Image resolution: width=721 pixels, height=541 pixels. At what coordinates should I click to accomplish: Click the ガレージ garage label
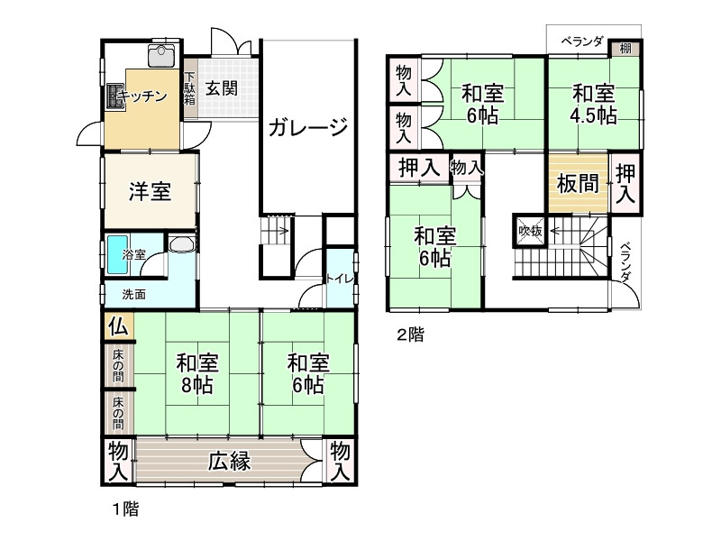307,127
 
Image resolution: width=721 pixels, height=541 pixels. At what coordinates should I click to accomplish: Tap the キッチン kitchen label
142,96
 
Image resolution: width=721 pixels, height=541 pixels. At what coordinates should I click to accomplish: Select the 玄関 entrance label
220,89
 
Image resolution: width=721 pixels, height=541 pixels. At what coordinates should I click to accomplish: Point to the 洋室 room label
149,191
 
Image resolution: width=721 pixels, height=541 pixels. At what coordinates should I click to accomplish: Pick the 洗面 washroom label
134,293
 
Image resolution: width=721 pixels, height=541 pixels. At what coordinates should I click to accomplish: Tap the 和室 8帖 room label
196,373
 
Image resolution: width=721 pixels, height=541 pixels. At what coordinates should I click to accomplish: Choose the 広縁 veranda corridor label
229,462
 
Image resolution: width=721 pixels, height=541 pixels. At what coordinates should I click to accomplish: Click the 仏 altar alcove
118,326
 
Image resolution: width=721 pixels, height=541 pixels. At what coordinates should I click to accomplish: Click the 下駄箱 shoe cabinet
189,88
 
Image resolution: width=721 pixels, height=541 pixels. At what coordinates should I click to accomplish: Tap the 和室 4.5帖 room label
593,105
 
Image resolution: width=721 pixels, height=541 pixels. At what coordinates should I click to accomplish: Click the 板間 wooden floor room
577,184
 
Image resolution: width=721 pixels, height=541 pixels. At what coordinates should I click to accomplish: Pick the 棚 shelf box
625,49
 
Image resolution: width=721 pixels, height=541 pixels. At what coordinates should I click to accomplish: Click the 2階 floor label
410,335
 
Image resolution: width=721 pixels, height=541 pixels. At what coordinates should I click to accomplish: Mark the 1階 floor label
124,509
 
